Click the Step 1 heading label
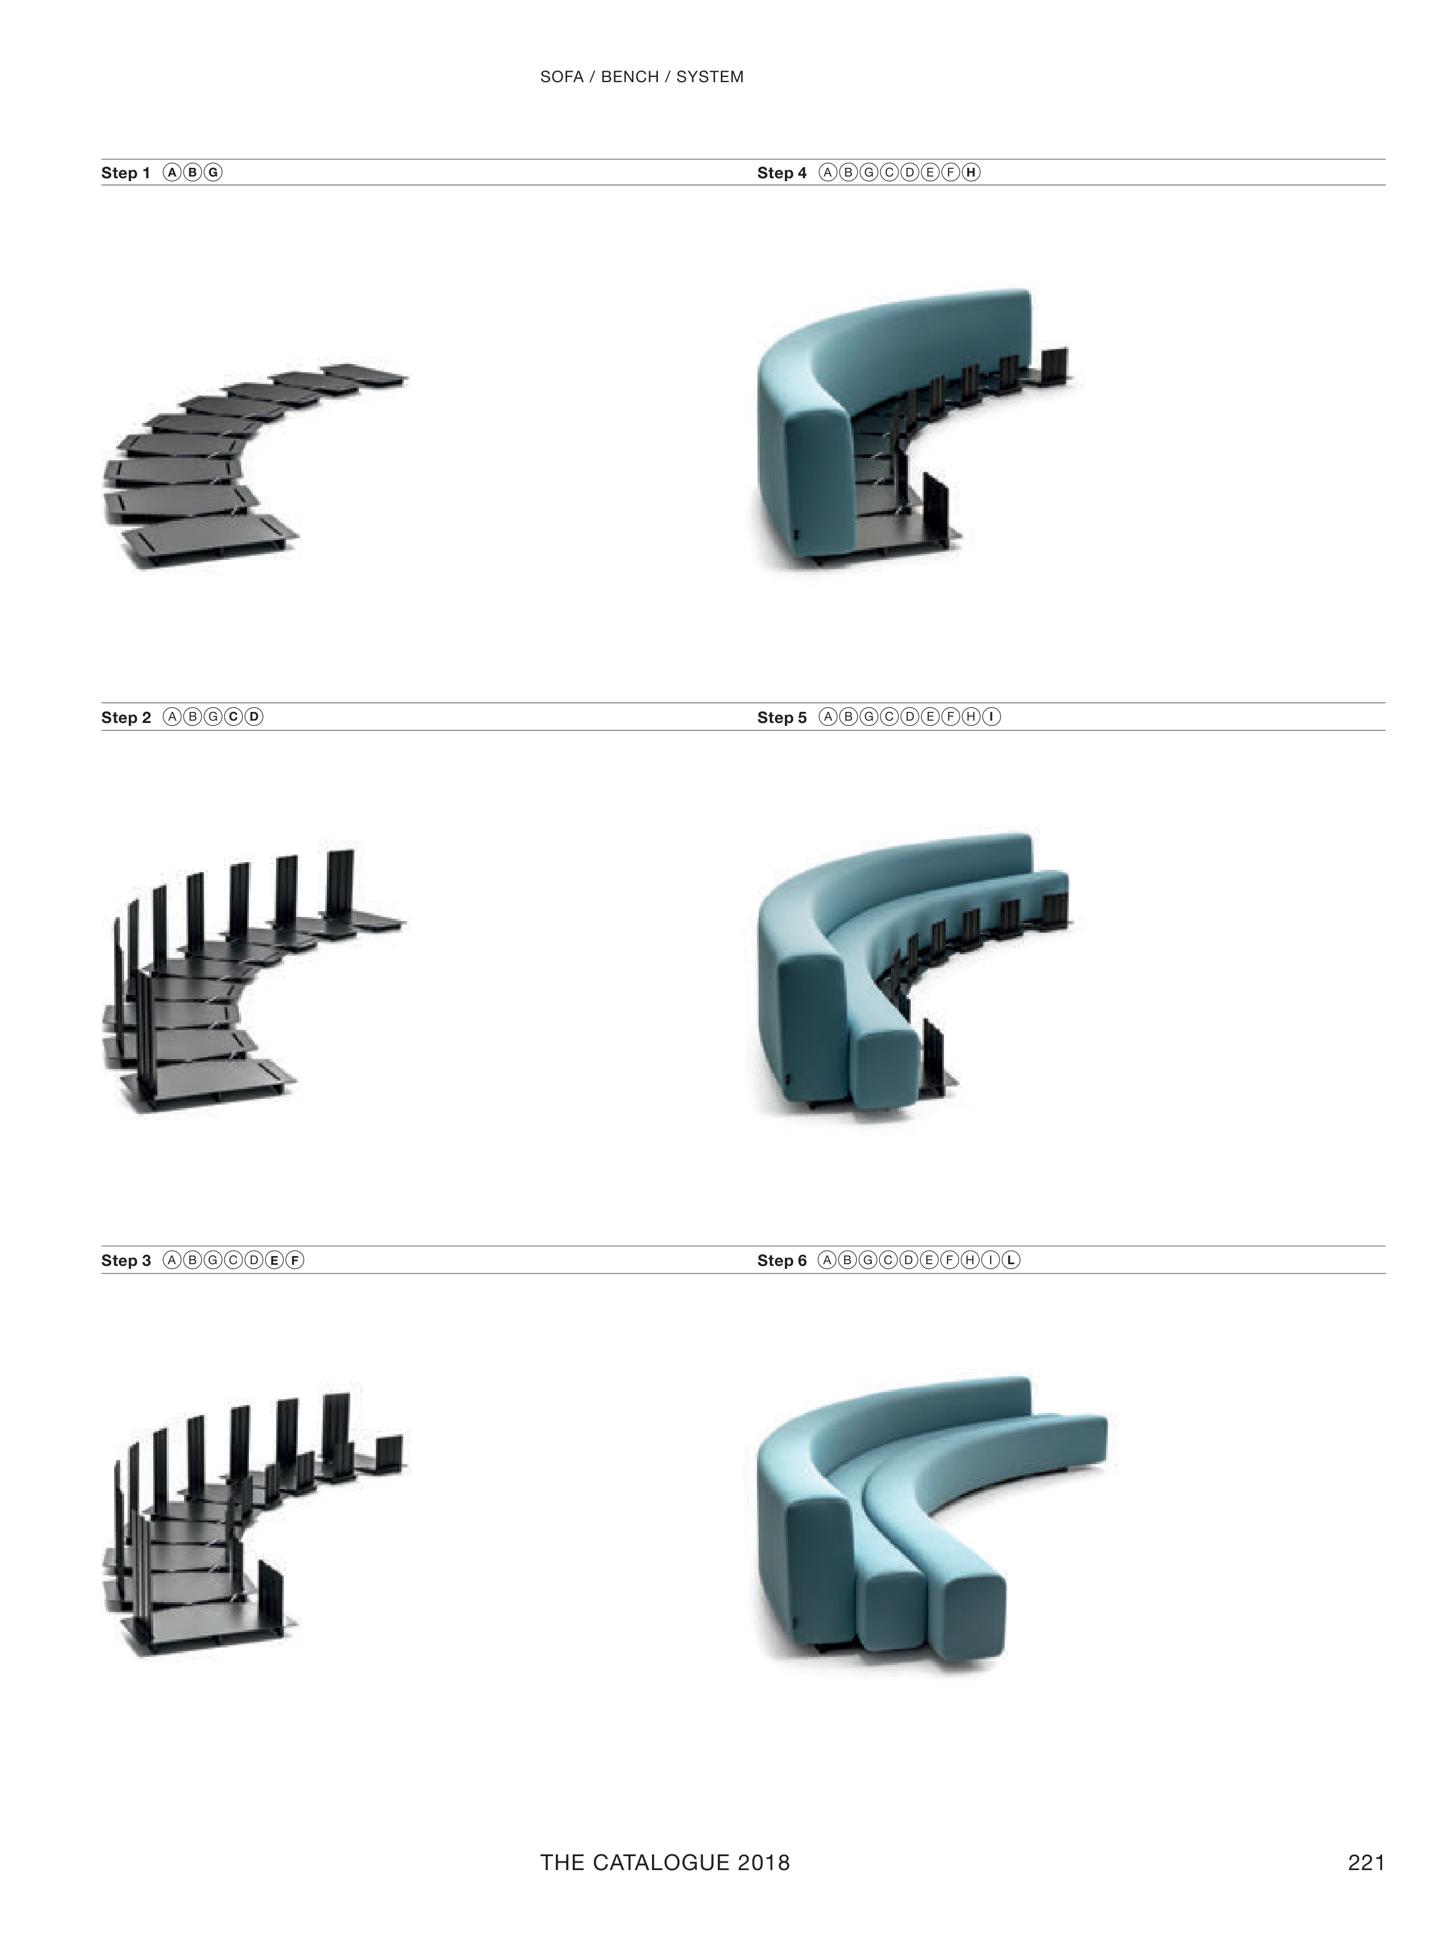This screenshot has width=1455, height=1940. click(125, 173)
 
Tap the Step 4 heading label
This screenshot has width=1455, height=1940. click(781, 173)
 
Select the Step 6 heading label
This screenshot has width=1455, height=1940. click(781, 1260)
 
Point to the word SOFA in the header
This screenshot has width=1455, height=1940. click(561, 77)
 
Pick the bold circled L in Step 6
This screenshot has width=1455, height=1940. click(1011, 1260)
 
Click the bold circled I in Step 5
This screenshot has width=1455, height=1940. click(991, 717)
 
